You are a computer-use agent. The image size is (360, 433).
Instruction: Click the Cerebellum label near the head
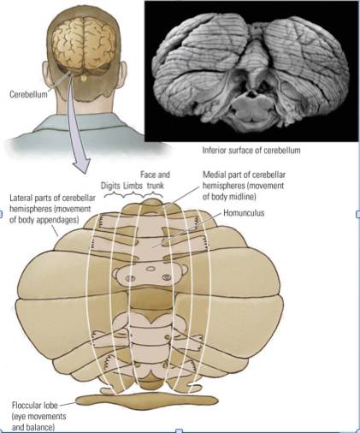pyautogui.click(x=28, y=94)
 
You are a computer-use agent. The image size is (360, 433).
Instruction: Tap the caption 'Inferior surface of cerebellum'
pyautogui.click(x=251, y=150)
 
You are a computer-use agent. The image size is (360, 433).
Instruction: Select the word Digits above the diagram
pyautogui.click(x=111, y=186)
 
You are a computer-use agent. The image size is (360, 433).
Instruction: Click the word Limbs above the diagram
pyautogui.click(x=133, y=186)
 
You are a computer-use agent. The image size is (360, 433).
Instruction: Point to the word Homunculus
pyautogui.click(x=244, y=213)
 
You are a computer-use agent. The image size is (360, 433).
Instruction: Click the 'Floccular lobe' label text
pyautogui.click(x=34, y=405)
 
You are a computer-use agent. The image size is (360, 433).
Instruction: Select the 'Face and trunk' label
pyautogui.click(x=156, y=180)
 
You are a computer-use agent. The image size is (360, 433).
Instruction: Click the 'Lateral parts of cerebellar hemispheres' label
pyautogui.click(x=52, y=209)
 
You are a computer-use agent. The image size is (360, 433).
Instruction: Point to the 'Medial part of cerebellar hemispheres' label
pyautogui.click(x=244, y=186)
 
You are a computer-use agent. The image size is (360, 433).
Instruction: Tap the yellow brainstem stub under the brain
pyautogui.click(x=84, y=78)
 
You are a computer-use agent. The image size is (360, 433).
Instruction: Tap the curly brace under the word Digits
pyautogui.click(x=112, y=195)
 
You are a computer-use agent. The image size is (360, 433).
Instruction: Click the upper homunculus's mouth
pyautogui.click(x=150, y=269)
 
